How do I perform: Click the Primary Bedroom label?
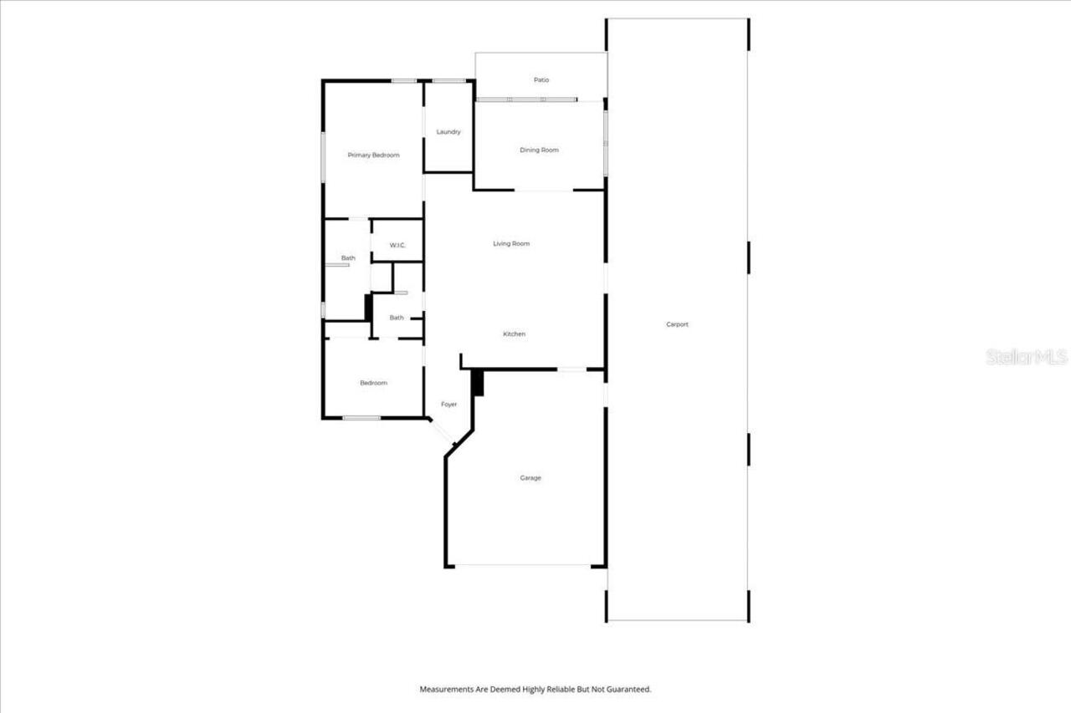pyautogui.click(x=373, y=155)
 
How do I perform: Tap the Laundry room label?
pyautogui.click(x=448, y=132)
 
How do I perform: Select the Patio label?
pyautogui.click(x=541, y=80)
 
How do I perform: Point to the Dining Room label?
pyautogui.click(x=539, y=150)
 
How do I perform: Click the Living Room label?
pyautogui.click(x=510, y=244)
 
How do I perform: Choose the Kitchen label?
pyautogui.click(x=514, y=334)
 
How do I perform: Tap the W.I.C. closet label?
pyautogui.click(x=397, y=245)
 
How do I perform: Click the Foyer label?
pyautogui.click(x=449, y=405)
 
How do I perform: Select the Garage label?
pyautogui.click(x=530, y=478)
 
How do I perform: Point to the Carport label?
pyautogui.click(x=677, y=324)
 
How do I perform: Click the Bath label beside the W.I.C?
pyautogui.click(x=348, y=258)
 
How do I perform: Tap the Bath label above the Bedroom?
pyautogui.click(x=397, y=318)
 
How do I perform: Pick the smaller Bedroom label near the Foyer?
pyautogui.click(x=373, y=383)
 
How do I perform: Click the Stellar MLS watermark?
pyautogui.click(x=1027, y=357)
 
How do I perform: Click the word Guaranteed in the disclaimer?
pyautogui.click(x=628, y=690)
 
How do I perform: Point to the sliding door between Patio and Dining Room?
pyautogui.click(x=526, y=99)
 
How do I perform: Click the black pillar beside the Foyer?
pyautogui.click(x=478, y=383)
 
